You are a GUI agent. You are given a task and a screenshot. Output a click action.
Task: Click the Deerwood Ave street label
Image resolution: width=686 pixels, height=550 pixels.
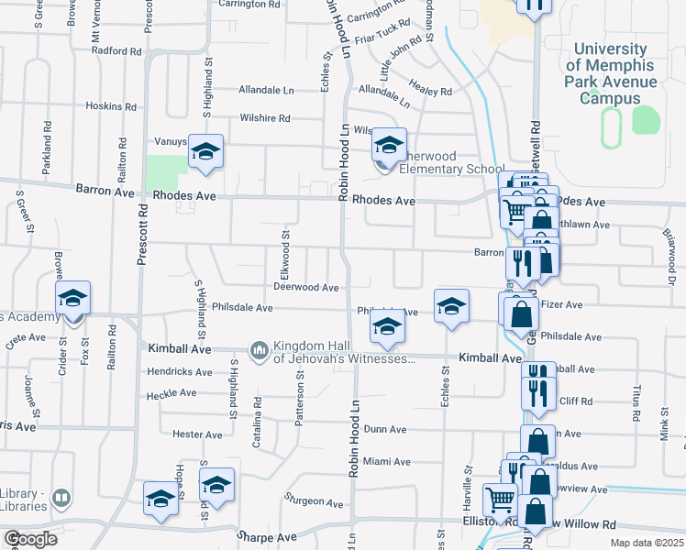(x=306, y=288)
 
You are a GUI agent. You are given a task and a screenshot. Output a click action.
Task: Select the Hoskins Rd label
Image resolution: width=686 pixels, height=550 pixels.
(x=110, y=106)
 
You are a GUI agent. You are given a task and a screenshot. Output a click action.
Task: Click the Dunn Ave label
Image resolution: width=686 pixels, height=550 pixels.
(x=384, y=429)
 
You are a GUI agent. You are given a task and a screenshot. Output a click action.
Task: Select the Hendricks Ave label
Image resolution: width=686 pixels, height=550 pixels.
(x=181, y=372)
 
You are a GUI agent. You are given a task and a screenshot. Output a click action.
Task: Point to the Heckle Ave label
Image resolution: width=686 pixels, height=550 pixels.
(x=171, y=393)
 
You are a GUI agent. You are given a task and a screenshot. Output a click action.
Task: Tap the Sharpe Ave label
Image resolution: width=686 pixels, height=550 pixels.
(x=267, y=536)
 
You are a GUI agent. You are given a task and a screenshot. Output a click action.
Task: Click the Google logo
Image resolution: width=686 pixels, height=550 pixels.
(x=30, y=539)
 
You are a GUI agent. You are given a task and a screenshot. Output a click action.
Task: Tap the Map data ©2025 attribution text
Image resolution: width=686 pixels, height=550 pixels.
(x=647, y=544)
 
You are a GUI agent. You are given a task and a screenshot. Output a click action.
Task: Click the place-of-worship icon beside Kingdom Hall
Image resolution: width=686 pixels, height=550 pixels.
(x=259, y=350)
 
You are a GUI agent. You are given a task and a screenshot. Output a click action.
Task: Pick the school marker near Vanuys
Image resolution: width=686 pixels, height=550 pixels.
(x=205, y=152)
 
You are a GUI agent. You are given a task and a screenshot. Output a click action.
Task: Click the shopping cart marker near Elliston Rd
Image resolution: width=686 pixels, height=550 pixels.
(x=500, y=500)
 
